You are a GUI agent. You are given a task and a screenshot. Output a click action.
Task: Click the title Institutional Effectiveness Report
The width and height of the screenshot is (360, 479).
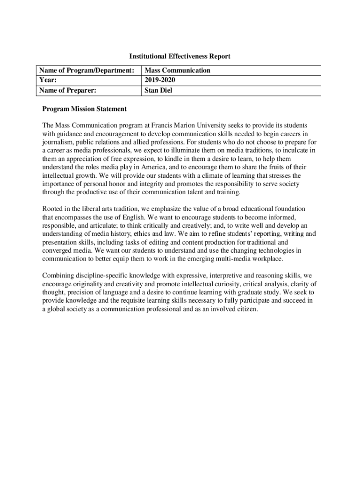pyautogui.click(x=180, y=57)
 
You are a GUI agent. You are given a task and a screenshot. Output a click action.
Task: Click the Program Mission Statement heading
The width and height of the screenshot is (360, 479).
pyautogui.click(x=84, y=109)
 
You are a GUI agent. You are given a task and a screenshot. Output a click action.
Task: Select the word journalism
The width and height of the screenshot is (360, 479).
pyautogui.click(x=58, y=142)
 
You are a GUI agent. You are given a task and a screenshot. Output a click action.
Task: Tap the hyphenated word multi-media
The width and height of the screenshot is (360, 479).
pyautogui.click(x=237, y=259)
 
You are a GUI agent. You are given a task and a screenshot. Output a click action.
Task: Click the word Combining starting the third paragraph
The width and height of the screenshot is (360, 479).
pyautogui.click(x=58, y=276)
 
